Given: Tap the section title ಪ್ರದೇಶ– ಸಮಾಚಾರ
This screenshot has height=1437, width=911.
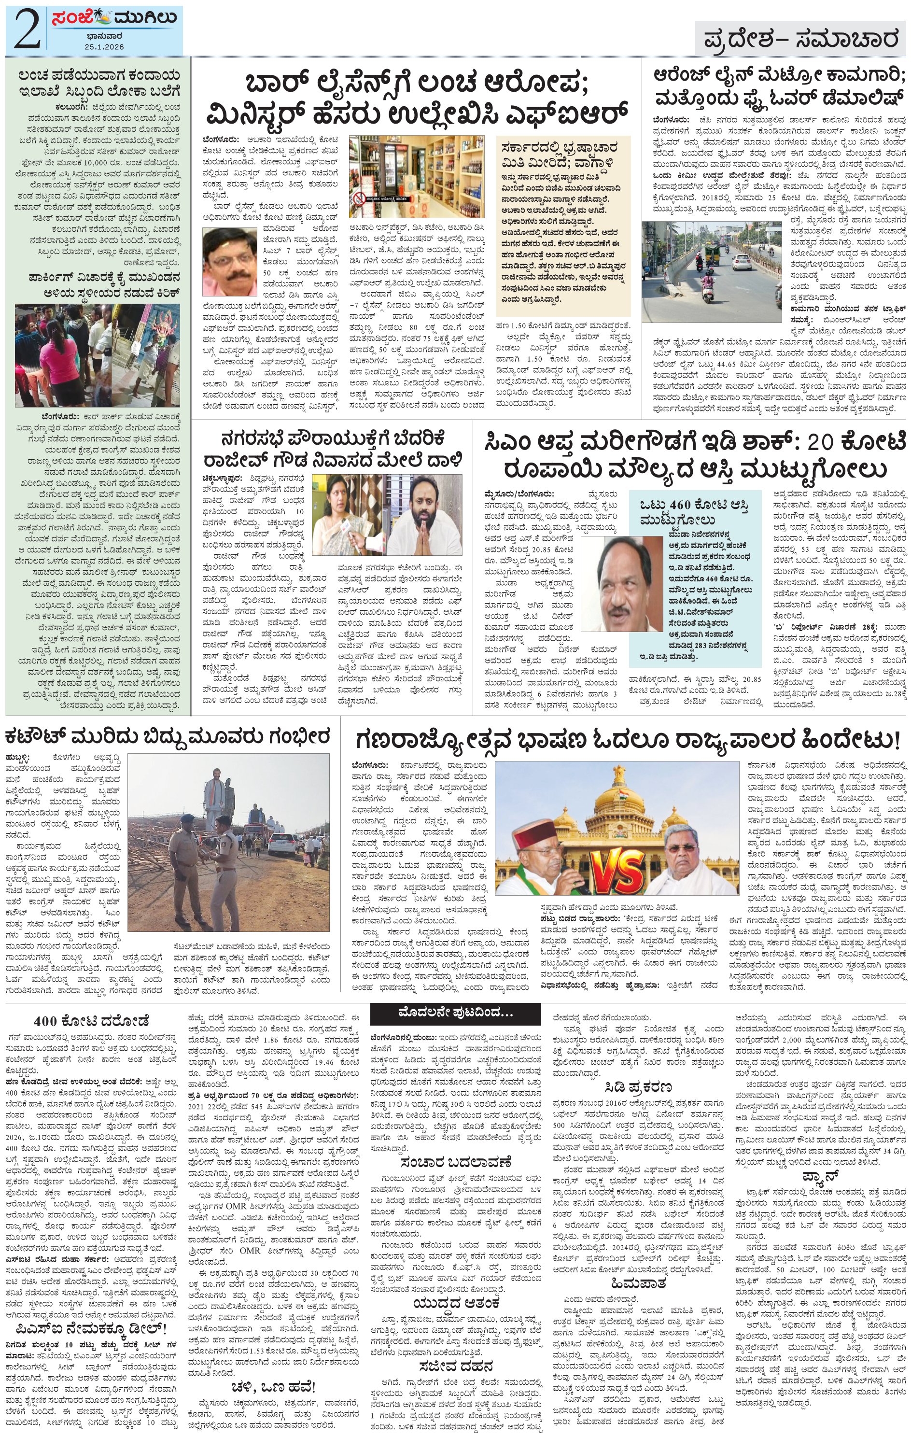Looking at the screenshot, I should click(800, 40).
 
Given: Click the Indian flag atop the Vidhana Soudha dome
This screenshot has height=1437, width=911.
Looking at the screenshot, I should click(615, 776).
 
